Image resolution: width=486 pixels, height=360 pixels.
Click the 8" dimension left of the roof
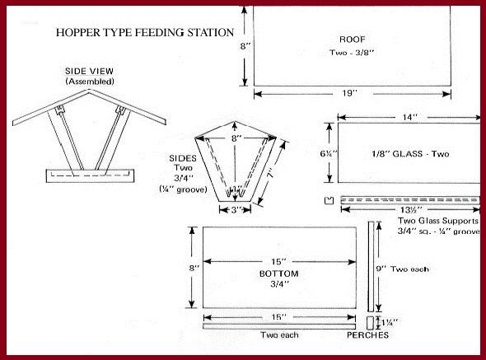[x=245, y=47]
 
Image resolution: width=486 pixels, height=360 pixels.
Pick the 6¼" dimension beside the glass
[x=329, y=153]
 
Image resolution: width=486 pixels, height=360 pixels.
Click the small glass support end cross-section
[x=329, y=200]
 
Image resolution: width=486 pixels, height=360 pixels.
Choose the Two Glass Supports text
[x=437, y=221]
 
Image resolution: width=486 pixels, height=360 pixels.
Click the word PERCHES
[x=367, y=335]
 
